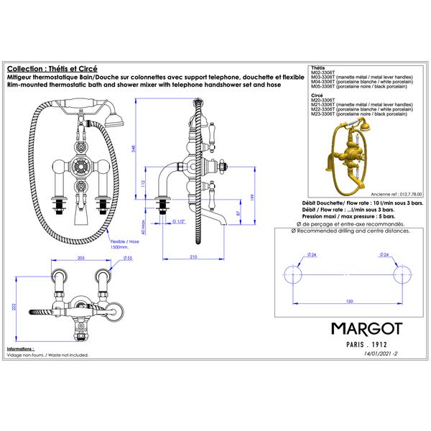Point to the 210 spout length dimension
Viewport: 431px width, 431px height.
pos(193,256)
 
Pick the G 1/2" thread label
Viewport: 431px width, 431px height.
pos(179,223)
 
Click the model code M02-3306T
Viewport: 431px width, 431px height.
pos(323,74)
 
